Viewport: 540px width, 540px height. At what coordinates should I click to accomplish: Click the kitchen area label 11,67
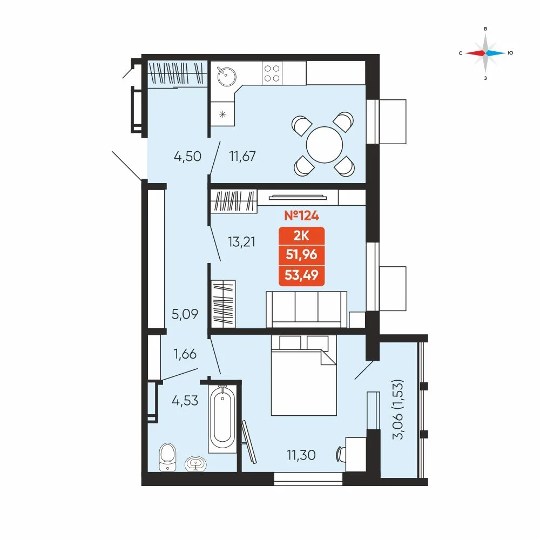click(x=242, y=157)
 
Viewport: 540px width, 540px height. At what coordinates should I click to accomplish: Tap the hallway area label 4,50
click(x=187, y=157)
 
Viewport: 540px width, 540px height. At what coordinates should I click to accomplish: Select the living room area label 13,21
click(x=241, y=242)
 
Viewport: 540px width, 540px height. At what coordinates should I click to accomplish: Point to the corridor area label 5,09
click(x=185, y=314)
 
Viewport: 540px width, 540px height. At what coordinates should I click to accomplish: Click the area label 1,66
click(x=185, y=354)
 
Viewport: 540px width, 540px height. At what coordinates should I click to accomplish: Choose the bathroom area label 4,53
click(x=185, y=401)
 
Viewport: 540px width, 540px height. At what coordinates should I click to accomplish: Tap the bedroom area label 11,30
click(x=301, y=455)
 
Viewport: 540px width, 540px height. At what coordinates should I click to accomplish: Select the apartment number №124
click(x=301, y=215)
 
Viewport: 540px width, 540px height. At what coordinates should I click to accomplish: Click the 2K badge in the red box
click(x=301, y=236)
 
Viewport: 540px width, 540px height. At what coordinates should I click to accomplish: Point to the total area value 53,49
click(x=301, y=275)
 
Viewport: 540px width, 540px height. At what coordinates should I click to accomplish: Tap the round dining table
click(x=325, y=145)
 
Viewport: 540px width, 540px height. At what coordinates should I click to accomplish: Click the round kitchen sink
click(x=226, y=76)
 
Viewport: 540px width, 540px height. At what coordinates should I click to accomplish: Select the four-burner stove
click(x=272, y=73)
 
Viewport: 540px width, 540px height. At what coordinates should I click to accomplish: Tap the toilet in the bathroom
click(x=168, y=457)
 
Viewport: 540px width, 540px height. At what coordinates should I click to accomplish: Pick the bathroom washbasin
click(x=195, y=464)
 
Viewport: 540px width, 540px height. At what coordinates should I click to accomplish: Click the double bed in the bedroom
click(x=303, y=375)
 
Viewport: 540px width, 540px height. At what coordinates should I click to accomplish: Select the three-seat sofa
click(x=307, y=309)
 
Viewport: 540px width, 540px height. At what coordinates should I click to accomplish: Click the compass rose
click(x=485, y=53)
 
